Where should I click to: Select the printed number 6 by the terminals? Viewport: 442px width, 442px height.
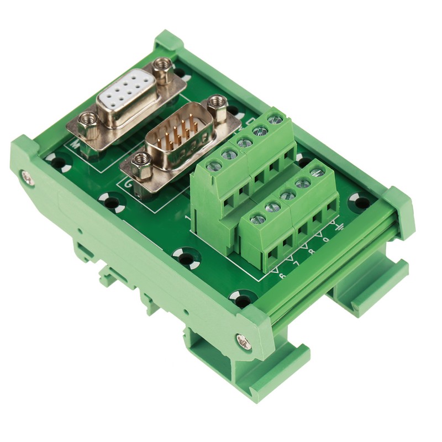click(x=282, y=275)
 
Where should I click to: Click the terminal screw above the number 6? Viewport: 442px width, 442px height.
click(x=257, y=219)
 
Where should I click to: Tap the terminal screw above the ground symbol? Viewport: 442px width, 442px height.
click(x=317, y=173)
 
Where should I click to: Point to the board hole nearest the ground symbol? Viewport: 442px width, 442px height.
click(x=361, y=202)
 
